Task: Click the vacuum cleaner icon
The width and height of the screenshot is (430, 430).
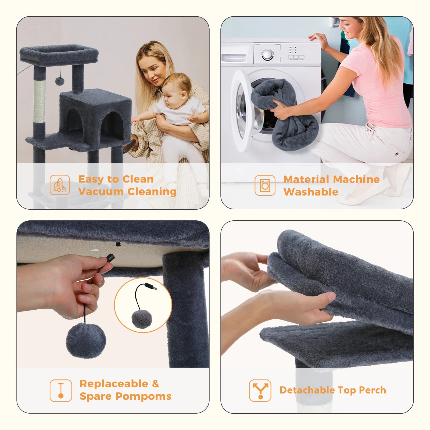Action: click(x=60, y=185)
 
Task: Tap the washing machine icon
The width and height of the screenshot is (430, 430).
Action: click(x=265, y=185)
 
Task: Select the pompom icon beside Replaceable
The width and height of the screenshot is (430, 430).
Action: click(x=61, y=390)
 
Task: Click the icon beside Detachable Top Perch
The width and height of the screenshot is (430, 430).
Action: click(x=260, y=390)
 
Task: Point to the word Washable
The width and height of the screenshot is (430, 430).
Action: click(x=311, y=192)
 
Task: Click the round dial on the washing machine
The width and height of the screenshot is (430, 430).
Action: click(x=267, y=55)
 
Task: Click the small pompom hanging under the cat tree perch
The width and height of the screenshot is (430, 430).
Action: click(x=59, y=81)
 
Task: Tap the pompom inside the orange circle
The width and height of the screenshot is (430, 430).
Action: click(x=142, y=319)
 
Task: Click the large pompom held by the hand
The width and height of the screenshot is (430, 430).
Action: click(x=86, y=341)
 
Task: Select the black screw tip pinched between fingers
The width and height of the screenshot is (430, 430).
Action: click(x=110, y=258)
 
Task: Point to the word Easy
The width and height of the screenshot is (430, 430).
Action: click(x=91, y=179)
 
